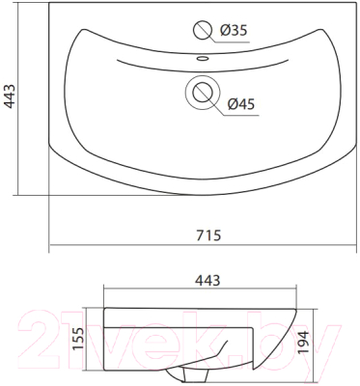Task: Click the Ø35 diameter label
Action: pyautogui.click(x=234, y=31)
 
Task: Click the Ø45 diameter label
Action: pyautogui.click(x=241, y=104)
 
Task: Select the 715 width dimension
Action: pyautogui.click(x=208, y=235)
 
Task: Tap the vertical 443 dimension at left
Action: pyautogui.click(x=10, y=96)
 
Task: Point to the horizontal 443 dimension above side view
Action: pyautogui.click(x=208, y=281)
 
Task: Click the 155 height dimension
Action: pyautogui.click(x=79, y=340)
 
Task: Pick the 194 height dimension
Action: pyautogui.click(x=303, y=342)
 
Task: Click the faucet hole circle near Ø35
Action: pyautogui.click(x=203, y=30)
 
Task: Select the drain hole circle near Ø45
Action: pyautogui.click(x=203, y=93)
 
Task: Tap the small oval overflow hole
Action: pyautogui.click(x=203, y=58)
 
